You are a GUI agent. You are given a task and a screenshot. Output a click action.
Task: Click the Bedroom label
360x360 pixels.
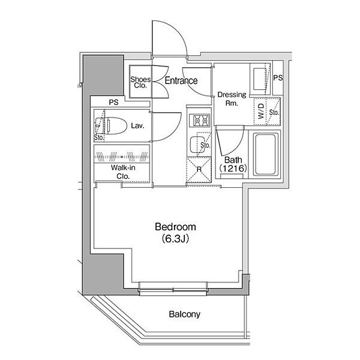[175, 227]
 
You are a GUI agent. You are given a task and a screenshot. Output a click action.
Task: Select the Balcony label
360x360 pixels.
[184, 314]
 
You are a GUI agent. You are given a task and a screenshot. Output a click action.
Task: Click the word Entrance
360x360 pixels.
[181, 81]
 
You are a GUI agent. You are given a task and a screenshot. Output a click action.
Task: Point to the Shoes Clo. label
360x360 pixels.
[140, 82]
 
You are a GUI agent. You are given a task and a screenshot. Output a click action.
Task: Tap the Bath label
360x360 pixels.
[233, 161]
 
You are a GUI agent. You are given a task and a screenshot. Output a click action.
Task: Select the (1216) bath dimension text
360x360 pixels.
[233, 170]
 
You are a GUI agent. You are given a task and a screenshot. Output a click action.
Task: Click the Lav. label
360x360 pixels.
[136, 126]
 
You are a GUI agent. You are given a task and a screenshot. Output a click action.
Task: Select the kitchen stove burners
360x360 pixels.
[199, 121]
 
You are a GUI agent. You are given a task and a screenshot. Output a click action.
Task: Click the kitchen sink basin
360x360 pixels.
[197, 144]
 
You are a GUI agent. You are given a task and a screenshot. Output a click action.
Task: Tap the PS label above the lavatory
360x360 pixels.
[113, 103]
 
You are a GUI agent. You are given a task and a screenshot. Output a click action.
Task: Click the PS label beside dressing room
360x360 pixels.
[277, 78]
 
